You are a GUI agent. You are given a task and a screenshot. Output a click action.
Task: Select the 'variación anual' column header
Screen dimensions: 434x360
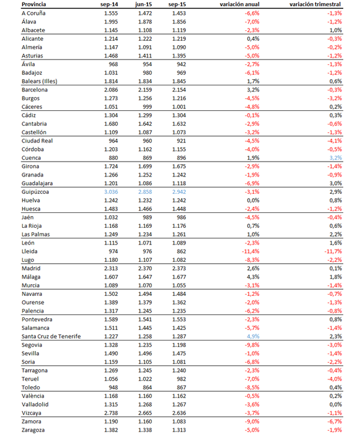tap(239, 4)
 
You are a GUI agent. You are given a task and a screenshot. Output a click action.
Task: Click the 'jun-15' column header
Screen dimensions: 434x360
tap(144, 4)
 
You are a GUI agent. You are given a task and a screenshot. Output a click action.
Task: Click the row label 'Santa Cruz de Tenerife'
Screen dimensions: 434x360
tap(51, 336)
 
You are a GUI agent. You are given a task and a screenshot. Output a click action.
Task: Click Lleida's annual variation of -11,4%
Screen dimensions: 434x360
tap(249, 251)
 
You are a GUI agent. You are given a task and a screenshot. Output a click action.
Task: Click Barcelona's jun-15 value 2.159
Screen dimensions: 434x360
tap(144, 90)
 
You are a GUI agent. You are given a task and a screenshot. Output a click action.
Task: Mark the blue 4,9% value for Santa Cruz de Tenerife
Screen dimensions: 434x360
tap(252, 336)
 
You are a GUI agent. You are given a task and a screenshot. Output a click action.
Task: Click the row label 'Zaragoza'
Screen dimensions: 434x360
tap(35, 430)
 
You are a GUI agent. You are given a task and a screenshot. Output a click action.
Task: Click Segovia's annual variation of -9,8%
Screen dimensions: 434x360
tap(251, 345)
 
